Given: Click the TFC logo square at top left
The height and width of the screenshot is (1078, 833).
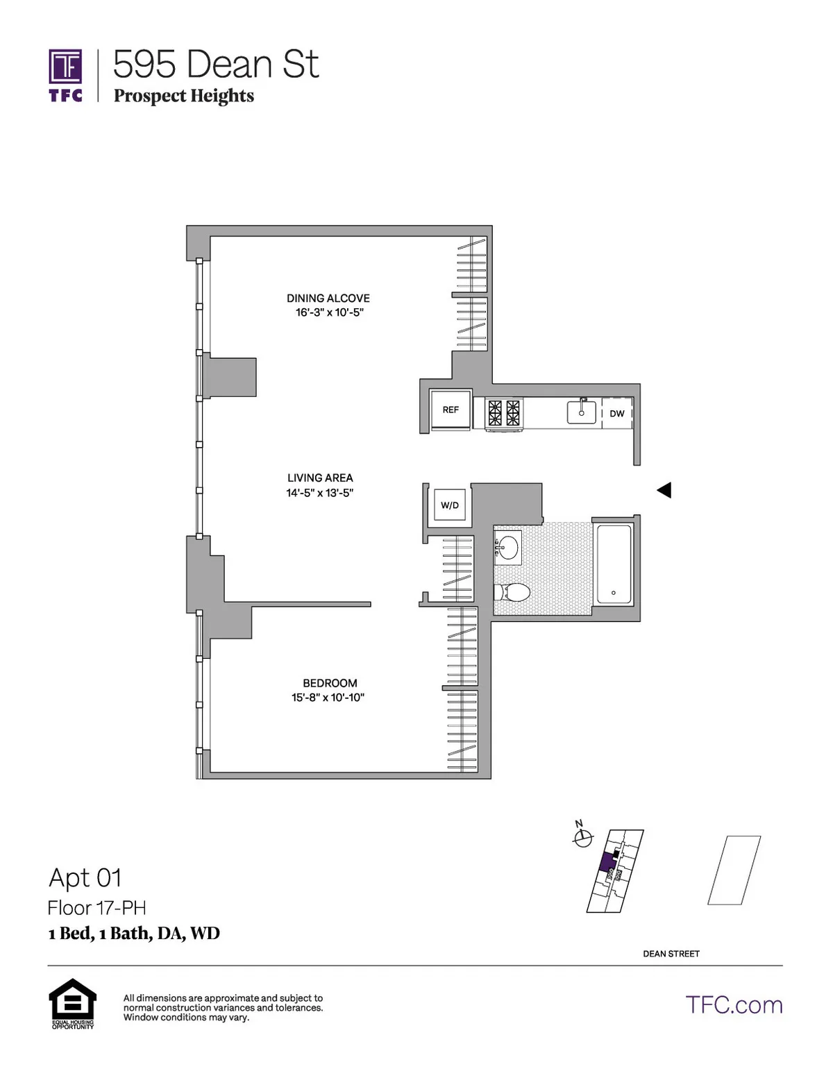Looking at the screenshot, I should (65, 67).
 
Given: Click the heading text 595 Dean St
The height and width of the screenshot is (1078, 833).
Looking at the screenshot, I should (215, 65).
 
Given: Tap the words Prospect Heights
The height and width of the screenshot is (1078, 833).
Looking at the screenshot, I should (184, 96).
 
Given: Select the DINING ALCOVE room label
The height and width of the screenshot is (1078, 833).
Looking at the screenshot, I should (328, 298).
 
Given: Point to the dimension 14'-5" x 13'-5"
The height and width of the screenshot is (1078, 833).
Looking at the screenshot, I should (319, 493).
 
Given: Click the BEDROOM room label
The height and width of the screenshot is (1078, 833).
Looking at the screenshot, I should (330, 683).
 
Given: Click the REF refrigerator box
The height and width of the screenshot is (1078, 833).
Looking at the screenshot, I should (451, 410).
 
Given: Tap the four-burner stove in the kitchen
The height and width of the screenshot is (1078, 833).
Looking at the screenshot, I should (504, 412).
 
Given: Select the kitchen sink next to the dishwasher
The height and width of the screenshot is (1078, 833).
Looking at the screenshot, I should (582, 412).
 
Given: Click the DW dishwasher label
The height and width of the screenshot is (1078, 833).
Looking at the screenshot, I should (617, 414).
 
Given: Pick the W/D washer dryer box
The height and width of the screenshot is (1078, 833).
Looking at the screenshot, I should (450, 505).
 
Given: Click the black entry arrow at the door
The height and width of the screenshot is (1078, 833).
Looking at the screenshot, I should (664, 490).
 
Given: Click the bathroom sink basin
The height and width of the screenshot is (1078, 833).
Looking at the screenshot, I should (509, 547).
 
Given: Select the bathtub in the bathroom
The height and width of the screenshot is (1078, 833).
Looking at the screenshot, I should (614, 564).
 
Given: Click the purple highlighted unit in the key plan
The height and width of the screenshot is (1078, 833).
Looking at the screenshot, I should (607, 861).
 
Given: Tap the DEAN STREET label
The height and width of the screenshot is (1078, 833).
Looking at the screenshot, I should (671, 954).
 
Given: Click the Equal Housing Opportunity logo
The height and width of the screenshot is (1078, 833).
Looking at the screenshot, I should (72, 1002).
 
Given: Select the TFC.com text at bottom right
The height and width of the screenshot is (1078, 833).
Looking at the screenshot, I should (734, 1005).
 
